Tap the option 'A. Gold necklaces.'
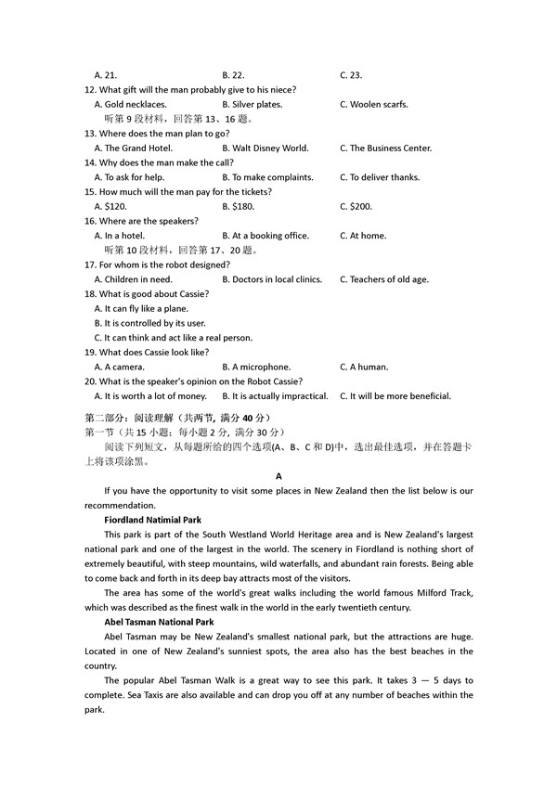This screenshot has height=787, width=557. [131, 105]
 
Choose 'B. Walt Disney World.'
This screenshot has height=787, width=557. [265, 148]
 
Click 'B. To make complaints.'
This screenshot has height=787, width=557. [267, 177]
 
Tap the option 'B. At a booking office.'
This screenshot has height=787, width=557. [266, 236]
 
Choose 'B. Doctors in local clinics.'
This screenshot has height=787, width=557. [272, 279]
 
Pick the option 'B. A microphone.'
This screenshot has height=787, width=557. [256, 368]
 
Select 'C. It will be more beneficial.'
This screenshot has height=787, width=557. [395, 396]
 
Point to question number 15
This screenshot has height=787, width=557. [90, 192]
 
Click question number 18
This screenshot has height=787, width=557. [90, 294]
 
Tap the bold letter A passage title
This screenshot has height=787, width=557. [278, 476]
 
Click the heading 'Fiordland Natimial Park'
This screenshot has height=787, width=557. [152, 520]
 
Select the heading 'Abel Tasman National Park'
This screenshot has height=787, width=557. [159, 622]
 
